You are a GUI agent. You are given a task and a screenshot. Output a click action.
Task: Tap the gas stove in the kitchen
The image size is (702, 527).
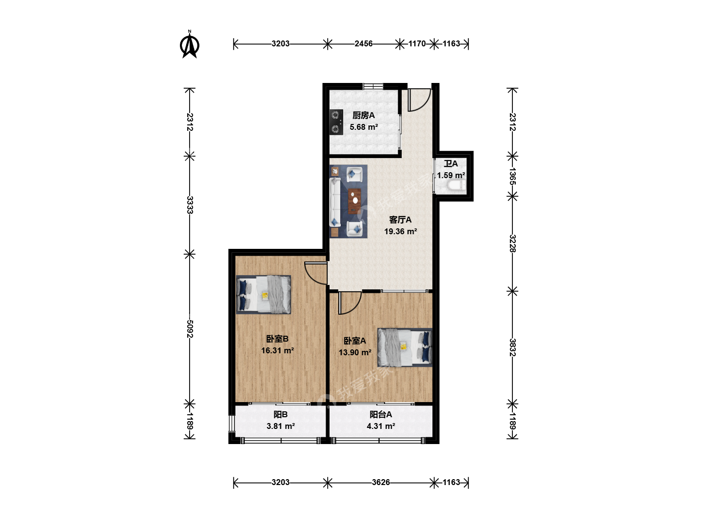tap(336, 122)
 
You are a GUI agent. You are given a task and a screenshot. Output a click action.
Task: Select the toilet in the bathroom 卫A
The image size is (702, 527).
tap(456, 185)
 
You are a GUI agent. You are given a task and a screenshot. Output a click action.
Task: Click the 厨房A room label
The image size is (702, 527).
tap(363, 115)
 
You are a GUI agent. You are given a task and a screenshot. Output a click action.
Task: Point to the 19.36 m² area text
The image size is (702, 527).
tap(400, 231)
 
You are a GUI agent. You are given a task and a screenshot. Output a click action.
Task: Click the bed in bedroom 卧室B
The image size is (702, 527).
tap(264, 294)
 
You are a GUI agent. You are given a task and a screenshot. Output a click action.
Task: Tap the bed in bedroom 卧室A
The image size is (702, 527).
tap(405, 347)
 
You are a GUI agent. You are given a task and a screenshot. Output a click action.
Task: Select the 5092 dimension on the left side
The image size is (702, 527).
tap(190, 328)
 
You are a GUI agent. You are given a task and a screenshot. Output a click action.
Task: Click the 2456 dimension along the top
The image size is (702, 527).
tap(363, 43)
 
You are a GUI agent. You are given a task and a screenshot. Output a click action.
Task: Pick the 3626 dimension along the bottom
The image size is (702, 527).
tap(381, 482)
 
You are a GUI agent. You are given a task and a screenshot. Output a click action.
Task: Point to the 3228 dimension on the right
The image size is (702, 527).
tap(512, 243)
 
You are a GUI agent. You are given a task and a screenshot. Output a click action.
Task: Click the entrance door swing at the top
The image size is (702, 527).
tap(419, 100)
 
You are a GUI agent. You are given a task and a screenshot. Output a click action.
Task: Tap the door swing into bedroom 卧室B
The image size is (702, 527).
tap(315, 273)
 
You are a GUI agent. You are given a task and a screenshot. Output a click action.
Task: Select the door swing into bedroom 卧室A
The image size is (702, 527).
tap(350, 303)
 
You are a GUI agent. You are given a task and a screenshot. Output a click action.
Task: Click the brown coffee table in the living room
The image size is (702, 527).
tap(355, 201)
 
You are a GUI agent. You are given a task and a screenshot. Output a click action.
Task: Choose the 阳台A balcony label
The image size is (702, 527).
tap(381, 414)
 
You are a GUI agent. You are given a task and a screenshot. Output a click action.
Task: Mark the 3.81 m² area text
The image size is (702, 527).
tap(280, 426)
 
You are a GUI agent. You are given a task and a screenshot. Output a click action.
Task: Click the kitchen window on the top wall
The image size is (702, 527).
tap(373, 86)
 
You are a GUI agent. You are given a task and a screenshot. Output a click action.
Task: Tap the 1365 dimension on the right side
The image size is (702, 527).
tap(512, 176)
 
